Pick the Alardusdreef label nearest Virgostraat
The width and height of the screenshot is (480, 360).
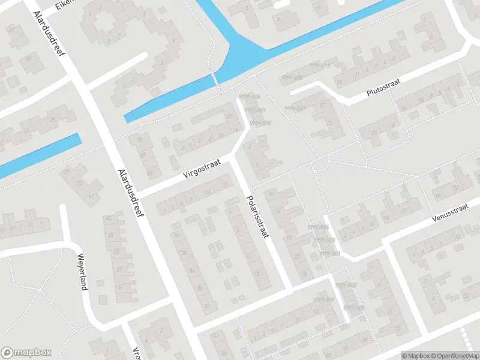(x=133, y=191)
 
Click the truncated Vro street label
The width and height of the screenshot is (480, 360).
(x=136, y=353)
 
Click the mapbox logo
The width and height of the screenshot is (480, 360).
(x=26, y=353)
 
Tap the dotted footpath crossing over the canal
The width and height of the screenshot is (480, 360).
(x=214, y=79)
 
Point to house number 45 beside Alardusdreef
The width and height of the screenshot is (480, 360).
(x=109, y=218)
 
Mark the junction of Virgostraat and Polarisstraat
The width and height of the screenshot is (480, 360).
(x=233, y=157)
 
